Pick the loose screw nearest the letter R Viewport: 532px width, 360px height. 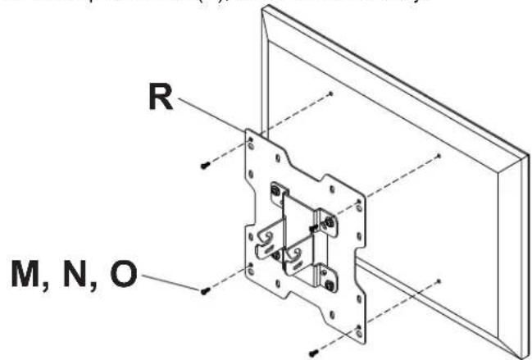(x=204, y=166)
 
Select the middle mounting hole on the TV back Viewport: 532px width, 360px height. (x=440, y=155)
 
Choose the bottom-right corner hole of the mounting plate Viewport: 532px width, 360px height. (x=357, y=329)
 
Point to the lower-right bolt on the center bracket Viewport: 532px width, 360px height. (x=330, y=284)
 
